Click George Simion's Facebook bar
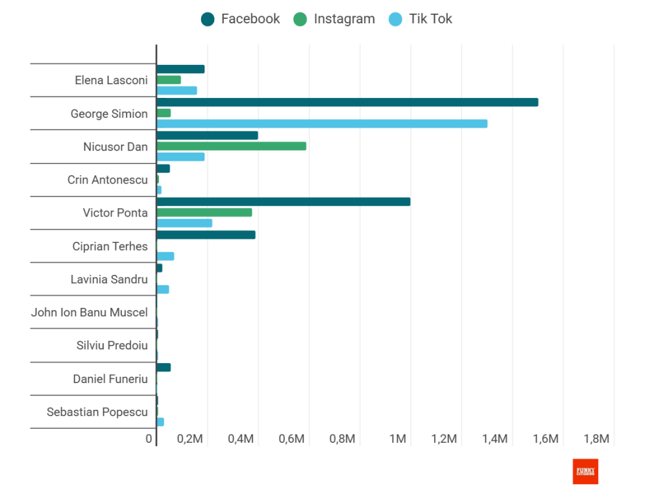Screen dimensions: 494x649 point(347,102)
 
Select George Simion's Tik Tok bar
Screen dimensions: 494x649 point(322,124)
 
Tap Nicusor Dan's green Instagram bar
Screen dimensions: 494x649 point(231,146)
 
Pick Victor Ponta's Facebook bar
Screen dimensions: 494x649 point(284,202)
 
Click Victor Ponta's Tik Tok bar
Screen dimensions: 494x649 point(184,223)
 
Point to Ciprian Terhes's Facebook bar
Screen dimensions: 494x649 point(206,235)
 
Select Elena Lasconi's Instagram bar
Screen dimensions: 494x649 point(169,80)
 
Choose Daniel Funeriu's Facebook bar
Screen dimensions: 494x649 point(164,368)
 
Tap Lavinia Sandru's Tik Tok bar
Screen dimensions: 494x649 point(163,289)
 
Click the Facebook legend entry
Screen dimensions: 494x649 point(241,19)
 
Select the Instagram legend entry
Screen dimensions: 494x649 point(335,19)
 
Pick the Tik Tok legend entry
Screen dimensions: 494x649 point(421,19)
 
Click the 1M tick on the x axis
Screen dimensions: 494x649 point(398,439)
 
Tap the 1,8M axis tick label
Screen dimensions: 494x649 point(596,439)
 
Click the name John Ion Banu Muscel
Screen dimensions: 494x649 point(90,312)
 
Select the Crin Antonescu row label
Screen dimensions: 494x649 point(108,180)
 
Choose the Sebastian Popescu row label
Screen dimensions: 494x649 point(97,412)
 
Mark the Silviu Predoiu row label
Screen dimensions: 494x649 point(112,346)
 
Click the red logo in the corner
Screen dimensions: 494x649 point(585,471)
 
